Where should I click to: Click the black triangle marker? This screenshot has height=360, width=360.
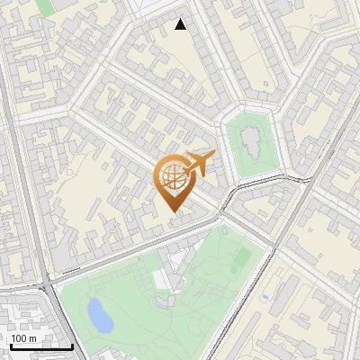(x=181, y=24)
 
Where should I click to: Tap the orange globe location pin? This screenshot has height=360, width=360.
(x=174, y=180)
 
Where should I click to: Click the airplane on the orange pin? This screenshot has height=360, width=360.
(x=199, y=164)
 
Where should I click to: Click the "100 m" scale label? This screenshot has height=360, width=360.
(x=24, y=337)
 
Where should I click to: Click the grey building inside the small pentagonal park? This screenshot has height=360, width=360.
(x=251, y=142)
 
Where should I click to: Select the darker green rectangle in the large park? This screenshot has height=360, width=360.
(x=241, y=257)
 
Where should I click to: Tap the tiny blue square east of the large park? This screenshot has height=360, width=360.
(x=267, y=295)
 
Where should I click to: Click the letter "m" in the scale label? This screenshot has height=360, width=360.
(x=32, y=337)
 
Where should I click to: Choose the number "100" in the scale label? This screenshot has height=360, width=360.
(x=19, y=337)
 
